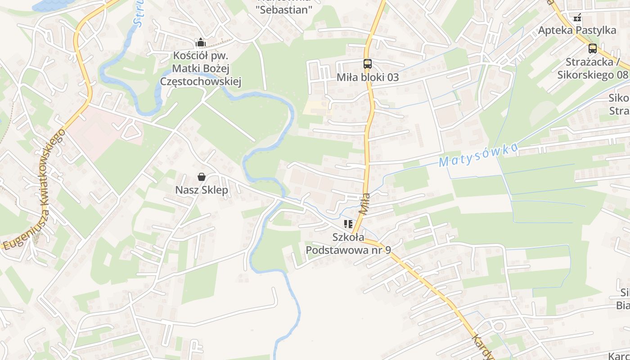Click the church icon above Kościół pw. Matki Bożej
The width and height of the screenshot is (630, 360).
point(201,43)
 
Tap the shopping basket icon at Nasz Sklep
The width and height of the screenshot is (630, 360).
point(202,177)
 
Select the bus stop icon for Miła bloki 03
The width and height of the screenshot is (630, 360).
point(368,64)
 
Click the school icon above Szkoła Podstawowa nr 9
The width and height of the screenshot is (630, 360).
point(348,224)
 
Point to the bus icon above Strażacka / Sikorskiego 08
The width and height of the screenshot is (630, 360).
point(593,49)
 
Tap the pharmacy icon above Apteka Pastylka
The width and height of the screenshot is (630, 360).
point(577,18)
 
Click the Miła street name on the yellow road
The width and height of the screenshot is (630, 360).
point(365,203)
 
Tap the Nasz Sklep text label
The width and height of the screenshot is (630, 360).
point(202,190)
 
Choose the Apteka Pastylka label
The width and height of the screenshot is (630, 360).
point(577,31)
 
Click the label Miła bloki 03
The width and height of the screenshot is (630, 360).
point(368,77)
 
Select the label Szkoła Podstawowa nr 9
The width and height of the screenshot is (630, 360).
point(348,243)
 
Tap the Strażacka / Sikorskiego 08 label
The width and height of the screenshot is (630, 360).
point(592,68)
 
